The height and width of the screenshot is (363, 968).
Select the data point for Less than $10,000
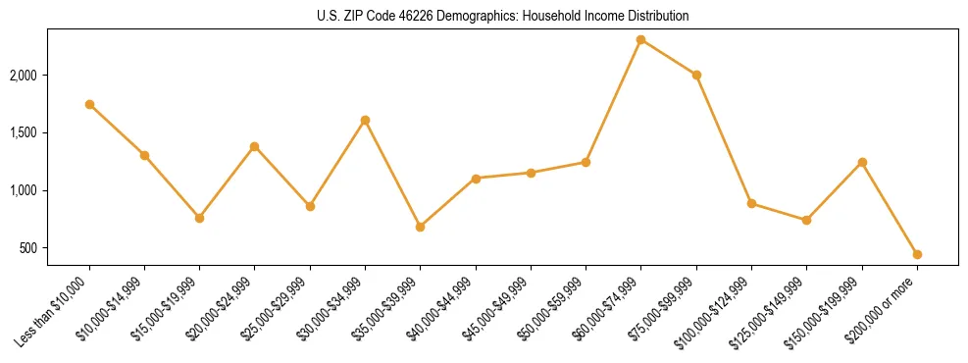[x=89, y=104]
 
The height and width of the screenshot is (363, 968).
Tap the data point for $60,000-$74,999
[x=641, y=39]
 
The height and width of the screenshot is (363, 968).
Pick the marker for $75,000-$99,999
[x=696, y=75]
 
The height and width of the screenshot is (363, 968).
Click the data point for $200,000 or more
[x=917, y=254]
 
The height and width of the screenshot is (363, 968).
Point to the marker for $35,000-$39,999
[x=421, y=227]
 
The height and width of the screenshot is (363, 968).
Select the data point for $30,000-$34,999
[x=365, y=120]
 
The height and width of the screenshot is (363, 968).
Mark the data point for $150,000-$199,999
[x=862, y=162]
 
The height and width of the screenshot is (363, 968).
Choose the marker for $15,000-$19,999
[x=199, y=218]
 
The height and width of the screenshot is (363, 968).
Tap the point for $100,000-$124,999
[x=751, y=203]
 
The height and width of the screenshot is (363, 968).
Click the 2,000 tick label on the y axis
[x=24, y=76]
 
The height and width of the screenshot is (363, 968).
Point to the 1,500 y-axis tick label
[x=24, y=133]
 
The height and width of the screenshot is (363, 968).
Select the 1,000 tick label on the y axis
[x=24, y=190]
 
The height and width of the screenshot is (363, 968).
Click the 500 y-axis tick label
[x=28, y=248]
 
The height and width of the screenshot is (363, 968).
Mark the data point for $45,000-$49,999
[x=531, y=173]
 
